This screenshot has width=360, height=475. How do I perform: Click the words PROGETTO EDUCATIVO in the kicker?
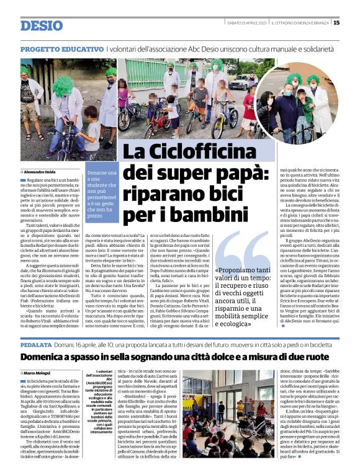[61, 48]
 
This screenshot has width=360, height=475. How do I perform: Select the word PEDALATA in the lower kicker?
[36, 344]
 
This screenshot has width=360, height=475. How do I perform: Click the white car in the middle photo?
[238, 81]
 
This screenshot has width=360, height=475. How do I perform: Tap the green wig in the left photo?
[61, 86]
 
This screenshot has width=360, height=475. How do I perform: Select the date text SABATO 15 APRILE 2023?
[246, 23]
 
